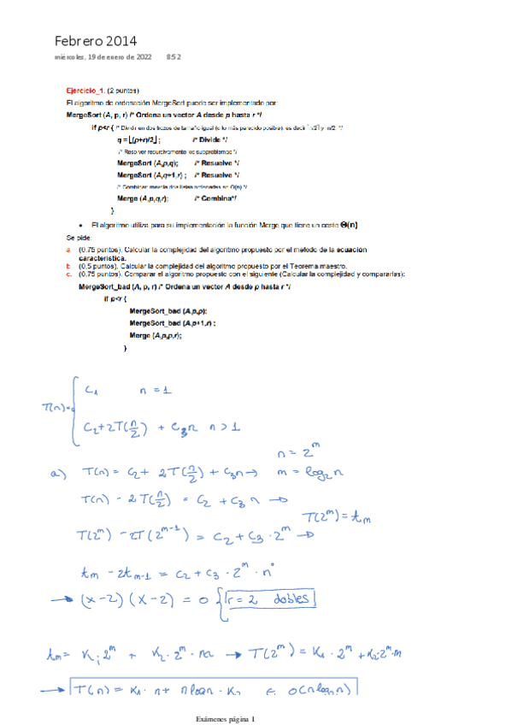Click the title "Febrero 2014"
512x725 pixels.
pos(95,40)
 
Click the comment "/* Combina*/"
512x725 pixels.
pos(215,197)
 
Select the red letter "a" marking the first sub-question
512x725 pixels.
pos(68,248)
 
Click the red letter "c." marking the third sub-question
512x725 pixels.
pos(68,274)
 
